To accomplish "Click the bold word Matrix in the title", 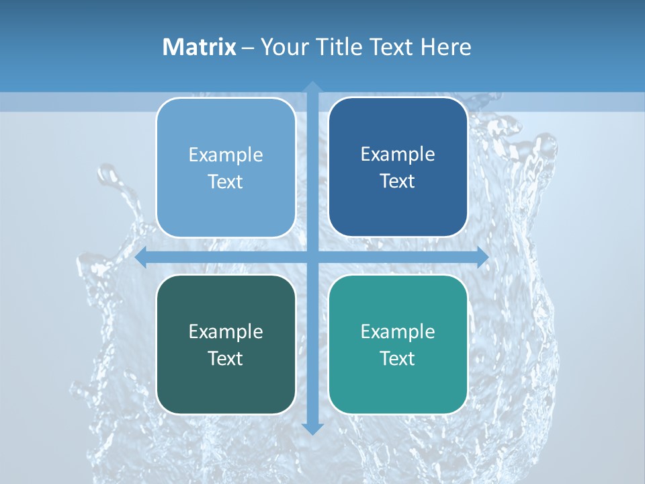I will (x=199, y=47).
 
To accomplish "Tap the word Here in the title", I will (x=445, y=47).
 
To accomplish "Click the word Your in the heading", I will (x=282, y=47).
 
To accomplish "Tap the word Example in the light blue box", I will (x=226, y=155).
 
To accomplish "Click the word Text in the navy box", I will (x=398, y=182).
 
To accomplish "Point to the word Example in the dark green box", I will (x=226, y=331).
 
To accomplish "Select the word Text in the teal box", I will (x=398, y=358).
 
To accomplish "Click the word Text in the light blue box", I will (x=226, y=182).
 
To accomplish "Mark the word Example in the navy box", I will (x=398, y=154).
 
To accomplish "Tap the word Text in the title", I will (x=389, y=47).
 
